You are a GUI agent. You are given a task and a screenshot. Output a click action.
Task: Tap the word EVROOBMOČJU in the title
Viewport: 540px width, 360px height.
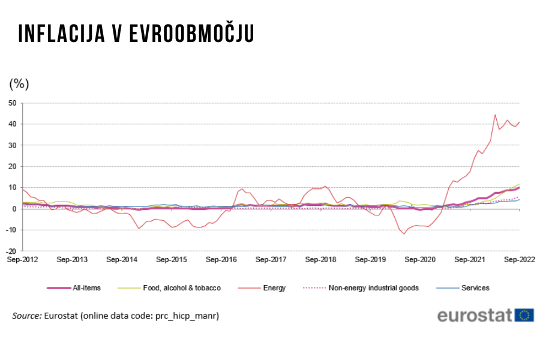pos(192,34)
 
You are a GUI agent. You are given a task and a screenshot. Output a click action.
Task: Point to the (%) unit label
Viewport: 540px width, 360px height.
pos(19,83)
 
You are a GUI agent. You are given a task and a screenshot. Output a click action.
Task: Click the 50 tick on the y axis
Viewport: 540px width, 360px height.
pos(12,103)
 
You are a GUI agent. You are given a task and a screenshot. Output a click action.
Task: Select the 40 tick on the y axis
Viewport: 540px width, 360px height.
pos(12,124)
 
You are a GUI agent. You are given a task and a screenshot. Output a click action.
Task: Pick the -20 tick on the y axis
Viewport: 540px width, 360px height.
pos(10,251)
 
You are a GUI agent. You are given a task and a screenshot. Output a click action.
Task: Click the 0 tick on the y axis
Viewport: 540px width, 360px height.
pos(14,209)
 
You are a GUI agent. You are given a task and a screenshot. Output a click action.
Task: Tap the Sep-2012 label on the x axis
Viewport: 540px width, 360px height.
pos(22,260)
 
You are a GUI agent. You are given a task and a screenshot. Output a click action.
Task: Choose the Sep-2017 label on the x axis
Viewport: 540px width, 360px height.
pos(271,260)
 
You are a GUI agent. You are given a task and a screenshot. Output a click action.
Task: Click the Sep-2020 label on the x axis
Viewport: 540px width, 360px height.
pos(420,260)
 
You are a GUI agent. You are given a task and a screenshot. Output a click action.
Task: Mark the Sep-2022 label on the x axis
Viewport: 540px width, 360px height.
pos(519,260)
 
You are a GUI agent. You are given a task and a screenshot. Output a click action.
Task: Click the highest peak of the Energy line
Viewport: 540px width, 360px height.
pos(495,115)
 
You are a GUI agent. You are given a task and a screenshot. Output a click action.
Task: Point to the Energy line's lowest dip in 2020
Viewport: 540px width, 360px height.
pos(404,233)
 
